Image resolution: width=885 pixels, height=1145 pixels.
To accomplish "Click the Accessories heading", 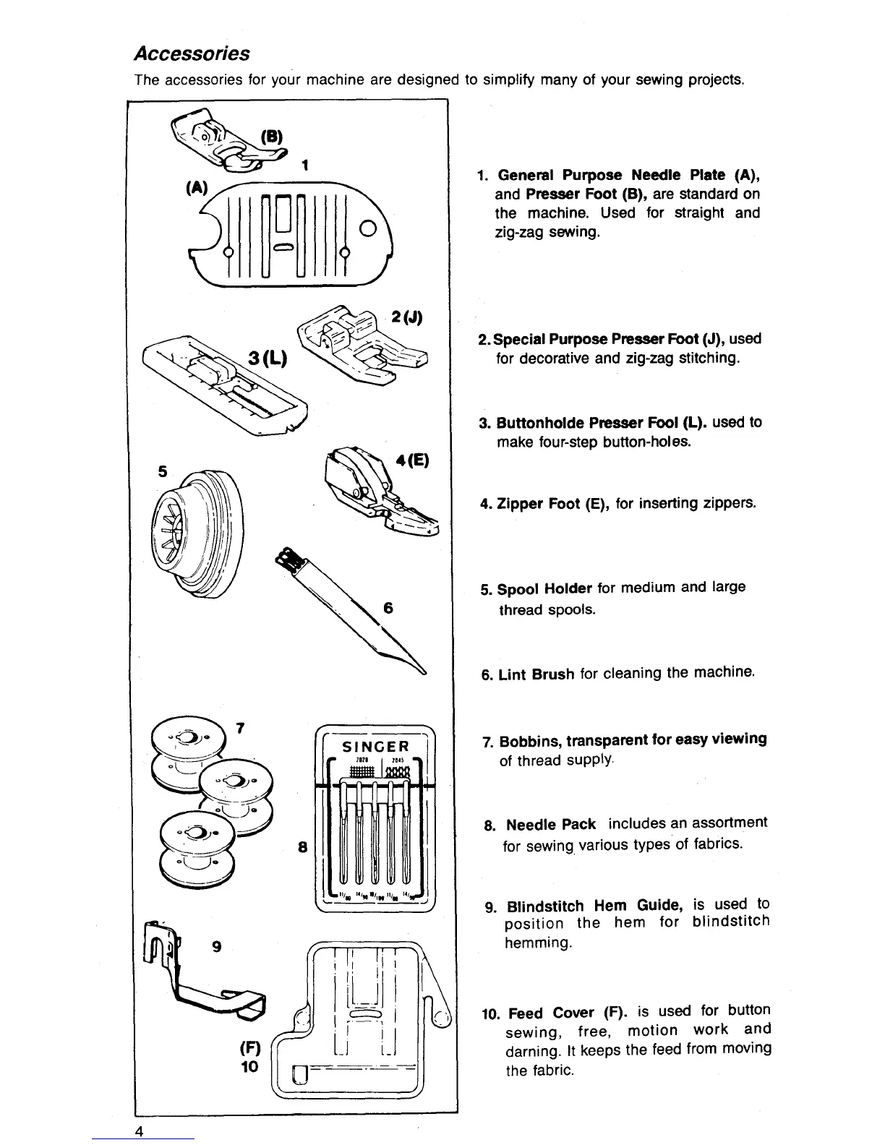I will coord(192,54).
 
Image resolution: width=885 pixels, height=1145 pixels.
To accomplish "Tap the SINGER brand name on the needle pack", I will coord(375,747).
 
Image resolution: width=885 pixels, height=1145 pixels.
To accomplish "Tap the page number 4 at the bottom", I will coord(141,1132).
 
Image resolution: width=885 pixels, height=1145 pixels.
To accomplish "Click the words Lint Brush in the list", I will coord(536,674).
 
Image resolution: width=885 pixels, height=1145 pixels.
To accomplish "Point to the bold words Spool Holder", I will coord(544,588).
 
